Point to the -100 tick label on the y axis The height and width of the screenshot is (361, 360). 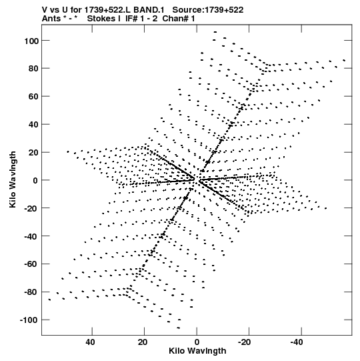[29, 320]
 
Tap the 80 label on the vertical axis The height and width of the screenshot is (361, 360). [33, 69]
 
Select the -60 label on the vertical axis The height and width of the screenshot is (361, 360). [31, 264]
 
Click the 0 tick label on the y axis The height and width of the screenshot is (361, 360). [35, 180]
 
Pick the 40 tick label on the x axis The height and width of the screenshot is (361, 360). [90, 342]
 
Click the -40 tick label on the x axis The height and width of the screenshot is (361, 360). [297, 342]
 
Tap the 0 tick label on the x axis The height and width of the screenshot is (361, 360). [197, 342]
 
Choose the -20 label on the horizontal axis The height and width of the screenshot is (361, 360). [244, 342]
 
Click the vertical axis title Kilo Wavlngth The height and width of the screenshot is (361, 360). [13, 179]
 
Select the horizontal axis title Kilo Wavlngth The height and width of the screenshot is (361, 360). [197, 351]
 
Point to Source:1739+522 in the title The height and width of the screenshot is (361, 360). [208, 10]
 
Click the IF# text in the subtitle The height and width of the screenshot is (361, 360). [131, 19]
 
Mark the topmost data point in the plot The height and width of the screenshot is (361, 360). [215, 32]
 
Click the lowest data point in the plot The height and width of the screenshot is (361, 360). [178, 328]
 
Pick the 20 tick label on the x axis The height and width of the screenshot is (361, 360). [143, 342]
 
